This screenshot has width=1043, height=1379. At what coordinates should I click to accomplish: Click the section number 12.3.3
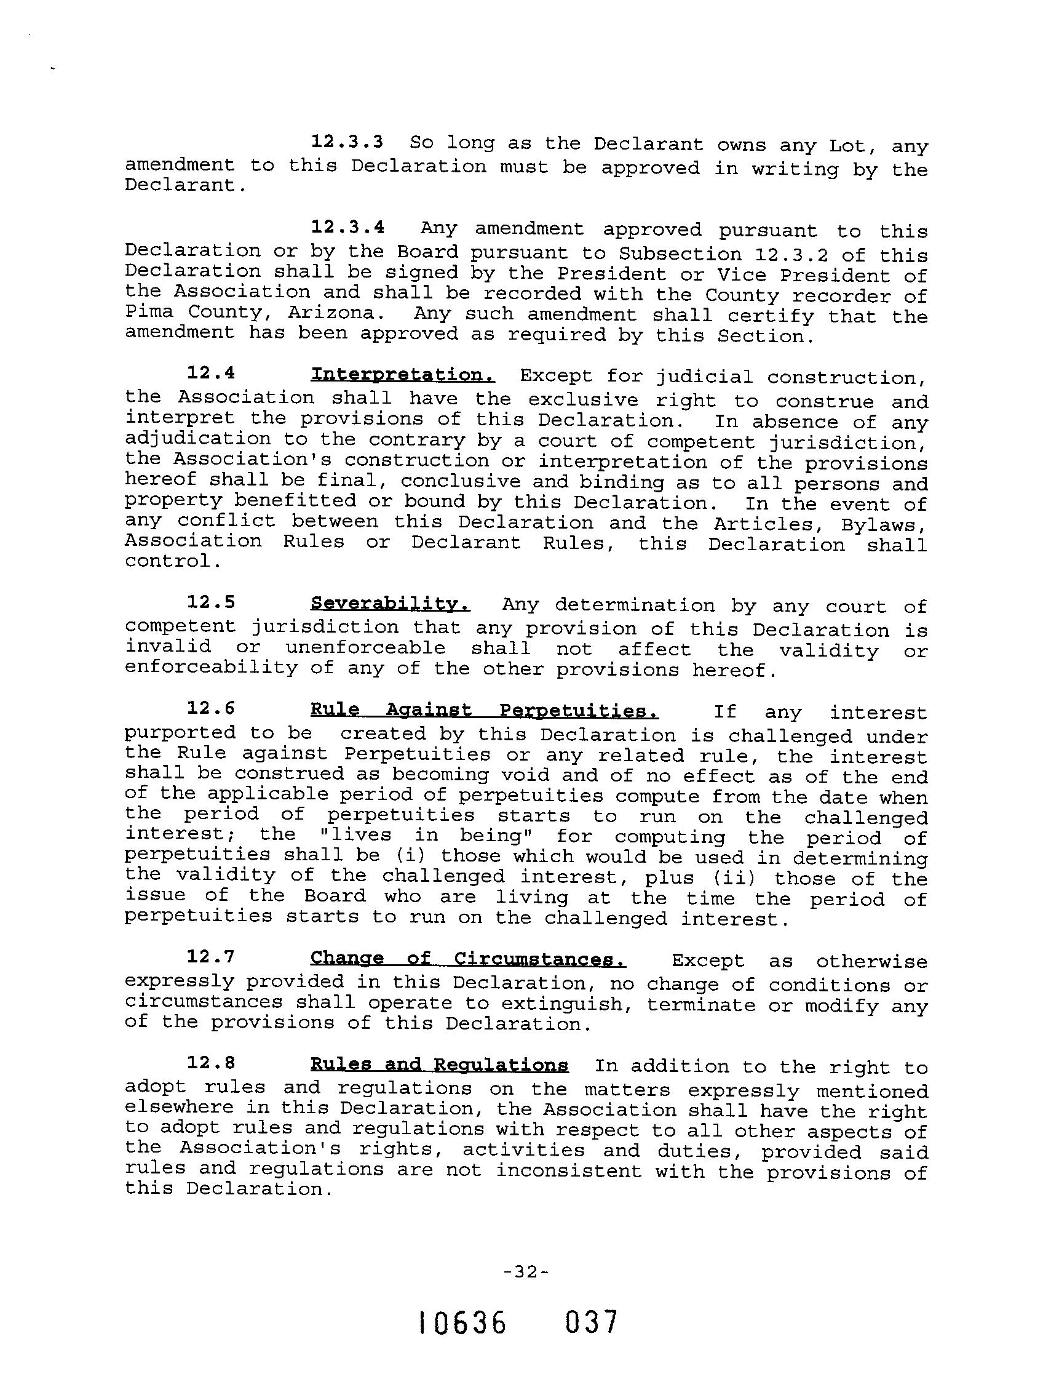346,142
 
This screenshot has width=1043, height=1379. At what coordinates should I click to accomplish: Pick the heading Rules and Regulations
438,1064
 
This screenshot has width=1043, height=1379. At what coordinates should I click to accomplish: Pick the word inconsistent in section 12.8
568,1170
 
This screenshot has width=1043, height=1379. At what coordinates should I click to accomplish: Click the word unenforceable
365,648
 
